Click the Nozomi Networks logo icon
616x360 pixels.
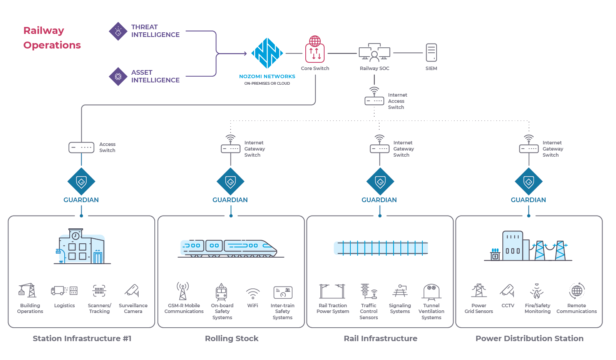coord(267,53)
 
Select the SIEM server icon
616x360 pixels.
coord(431,52)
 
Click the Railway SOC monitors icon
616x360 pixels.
coord(374,52)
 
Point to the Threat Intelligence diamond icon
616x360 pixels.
coord(118,31)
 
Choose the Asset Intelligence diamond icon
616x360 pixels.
coord(118,77)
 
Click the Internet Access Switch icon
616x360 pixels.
coord(374,98)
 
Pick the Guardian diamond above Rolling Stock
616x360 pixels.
coord(230,181)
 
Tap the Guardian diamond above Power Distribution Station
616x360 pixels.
coord(529,181)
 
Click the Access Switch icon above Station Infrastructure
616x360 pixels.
coord(81,147)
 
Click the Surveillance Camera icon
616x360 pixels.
coord(132,291)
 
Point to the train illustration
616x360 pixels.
coord(229,248)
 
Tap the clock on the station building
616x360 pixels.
coord(76,236)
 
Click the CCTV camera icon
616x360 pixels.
coord(507,291)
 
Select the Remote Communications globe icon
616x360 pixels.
coord(577,291)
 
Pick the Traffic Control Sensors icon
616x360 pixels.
coord(368,291)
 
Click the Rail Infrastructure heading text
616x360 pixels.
coord(380,338)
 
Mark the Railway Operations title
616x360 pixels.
coord(52,38)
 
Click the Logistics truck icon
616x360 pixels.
coord(64,291)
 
